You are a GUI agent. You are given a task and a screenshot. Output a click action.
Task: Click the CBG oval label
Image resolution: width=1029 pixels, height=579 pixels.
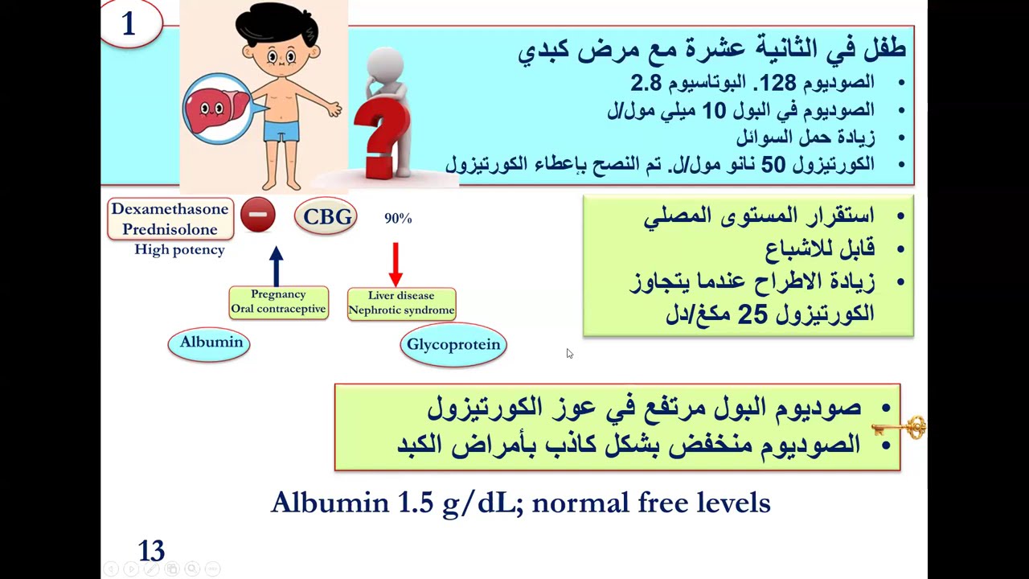coord(326,217)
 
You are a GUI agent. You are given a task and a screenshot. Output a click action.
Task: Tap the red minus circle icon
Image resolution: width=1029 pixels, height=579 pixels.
coord(258,216)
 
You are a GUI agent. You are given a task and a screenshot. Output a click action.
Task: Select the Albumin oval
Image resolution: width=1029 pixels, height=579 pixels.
coord(210,343)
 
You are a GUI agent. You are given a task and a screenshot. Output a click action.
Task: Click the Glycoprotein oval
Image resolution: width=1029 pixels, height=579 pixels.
coord(453,345)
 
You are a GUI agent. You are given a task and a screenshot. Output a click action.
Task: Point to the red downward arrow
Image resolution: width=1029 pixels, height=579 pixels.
coord(395,265)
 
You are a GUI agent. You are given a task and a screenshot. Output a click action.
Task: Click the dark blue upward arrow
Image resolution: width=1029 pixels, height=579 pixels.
coord(277,265)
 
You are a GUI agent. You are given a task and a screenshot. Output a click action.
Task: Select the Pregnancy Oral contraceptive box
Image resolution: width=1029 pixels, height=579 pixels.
coord(278,302)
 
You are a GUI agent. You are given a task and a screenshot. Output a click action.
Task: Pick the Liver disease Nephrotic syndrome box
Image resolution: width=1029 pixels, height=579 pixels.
coord(401,303)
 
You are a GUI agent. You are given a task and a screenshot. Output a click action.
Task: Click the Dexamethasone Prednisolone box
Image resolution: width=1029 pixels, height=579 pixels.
coord(170,219)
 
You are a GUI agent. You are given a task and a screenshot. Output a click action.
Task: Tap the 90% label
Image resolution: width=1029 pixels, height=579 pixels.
coord(398,219)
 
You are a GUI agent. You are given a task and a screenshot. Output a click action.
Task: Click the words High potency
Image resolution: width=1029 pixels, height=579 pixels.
coord(179,250)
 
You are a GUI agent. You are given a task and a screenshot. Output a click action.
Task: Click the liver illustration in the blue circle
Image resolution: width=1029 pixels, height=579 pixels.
coord(215,109)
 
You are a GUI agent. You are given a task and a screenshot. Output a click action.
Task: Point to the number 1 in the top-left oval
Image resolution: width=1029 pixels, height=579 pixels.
coord(129,24)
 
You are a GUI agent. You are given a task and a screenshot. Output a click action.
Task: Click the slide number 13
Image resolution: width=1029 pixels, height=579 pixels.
coord(151,551)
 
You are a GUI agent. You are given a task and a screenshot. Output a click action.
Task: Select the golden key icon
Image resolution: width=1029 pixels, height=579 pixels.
coord(901,427)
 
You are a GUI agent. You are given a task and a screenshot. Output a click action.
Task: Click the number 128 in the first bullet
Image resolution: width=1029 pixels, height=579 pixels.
coord(778,83)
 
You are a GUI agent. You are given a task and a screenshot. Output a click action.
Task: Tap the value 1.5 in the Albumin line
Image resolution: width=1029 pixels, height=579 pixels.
coord(416,503)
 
